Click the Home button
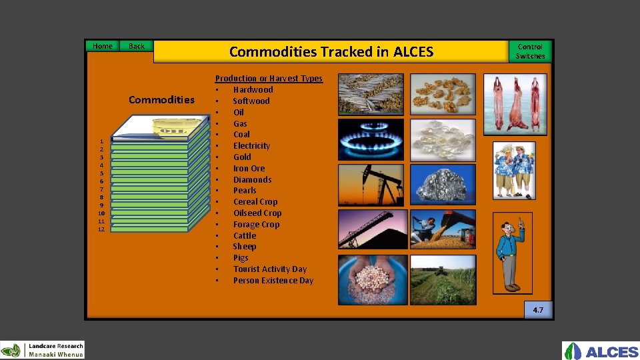[x=102, y=46]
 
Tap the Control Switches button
[x=530, y=51]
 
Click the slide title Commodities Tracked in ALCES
[x=331, y=52]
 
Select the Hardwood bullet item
[x=253, y=89]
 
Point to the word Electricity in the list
[x=251, y=145]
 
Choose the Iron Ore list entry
[x=249, y=168]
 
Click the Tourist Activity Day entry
[x=269, y=269]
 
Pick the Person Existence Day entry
[x=273, y=280]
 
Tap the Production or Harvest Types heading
[x=269, y=78]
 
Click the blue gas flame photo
[x=371, y=139]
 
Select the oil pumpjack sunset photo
[x=371, y=185]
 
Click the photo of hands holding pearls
[x=373, y=280]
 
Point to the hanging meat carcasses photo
[x=515, y=103]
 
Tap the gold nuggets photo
[x=443, y=94]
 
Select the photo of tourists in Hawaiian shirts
[x=514, y=171]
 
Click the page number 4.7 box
[x=538, y=310]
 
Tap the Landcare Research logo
[x=43, y=350]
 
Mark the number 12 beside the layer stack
[x=101, y=229]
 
